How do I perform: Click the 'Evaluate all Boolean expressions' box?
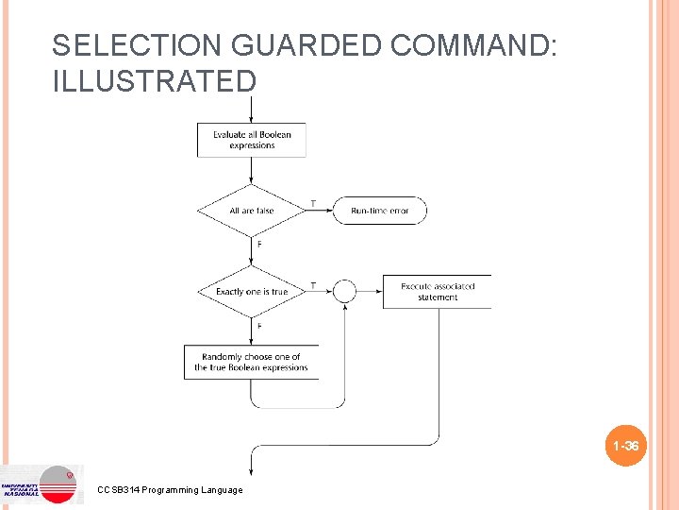tap(252, 140)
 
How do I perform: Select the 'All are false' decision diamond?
tap(252, 211)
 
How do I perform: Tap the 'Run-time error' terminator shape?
tap(379, 211)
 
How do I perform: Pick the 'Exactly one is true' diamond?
tap(252, 292)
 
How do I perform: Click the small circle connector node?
tap(345, 292)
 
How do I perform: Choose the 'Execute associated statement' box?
tap(437, 292)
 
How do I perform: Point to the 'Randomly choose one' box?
tap(251, 362)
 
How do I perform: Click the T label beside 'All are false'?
tap(313, 203)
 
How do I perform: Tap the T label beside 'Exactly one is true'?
tap(313, 285)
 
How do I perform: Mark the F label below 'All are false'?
tap(259, 245)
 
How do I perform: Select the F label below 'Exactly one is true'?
tap(259, 326)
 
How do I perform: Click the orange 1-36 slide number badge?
tap(625, 446)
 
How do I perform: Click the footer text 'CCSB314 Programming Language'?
tap(170, 489)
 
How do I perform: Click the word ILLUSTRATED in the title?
tap(155, 81)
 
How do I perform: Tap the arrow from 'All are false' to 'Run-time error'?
tap(320, 211)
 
